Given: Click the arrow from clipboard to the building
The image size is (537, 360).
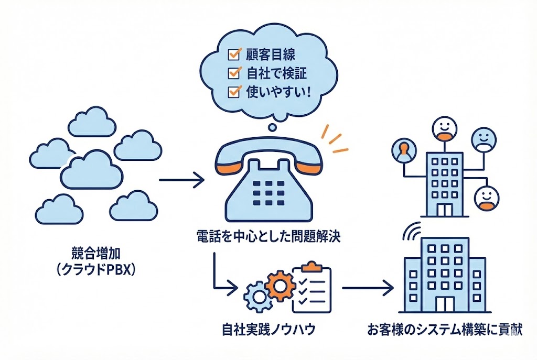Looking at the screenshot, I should point(367,287).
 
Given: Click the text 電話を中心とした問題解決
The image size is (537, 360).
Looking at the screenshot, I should point(266,236).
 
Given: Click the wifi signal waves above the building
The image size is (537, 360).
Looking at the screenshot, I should point(413,231).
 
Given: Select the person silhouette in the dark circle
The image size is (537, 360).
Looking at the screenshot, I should point(403,151).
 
